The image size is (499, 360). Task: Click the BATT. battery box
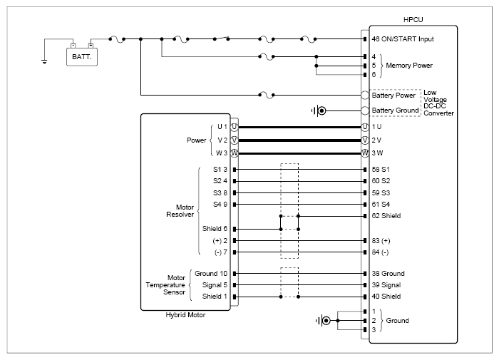pos(82,57)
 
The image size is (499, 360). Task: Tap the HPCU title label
pos(413,20)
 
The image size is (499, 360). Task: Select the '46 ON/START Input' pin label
pos(403,39)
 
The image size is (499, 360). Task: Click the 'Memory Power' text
pos(409,66)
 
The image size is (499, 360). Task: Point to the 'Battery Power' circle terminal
pos(365,95)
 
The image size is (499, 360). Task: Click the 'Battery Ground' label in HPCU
pos(395,110)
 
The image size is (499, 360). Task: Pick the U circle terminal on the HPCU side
pos(365,127)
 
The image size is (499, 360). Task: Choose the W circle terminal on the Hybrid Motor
pos(235,153)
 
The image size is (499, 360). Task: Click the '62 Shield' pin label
pos(386,216)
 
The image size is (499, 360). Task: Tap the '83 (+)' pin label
pos(381,241)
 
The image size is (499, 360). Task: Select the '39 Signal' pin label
pos(386,285)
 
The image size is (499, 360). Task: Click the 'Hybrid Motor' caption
pos(185,315)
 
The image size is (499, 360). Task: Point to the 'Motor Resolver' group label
pos(180,211)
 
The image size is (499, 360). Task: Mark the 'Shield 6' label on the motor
pos(215,229)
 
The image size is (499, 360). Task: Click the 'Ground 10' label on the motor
pos(211,274)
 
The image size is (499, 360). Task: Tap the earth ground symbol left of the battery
pos(44,61)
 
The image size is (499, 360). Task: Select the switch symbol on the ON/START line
pos(221,38)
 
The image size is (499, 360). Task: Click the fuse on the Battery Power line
pos(267,96)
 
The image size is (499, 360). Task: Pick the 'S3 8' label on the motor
pos(220,193)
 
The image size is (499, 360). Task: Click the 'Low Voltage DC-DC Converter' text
pos(438,103)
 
